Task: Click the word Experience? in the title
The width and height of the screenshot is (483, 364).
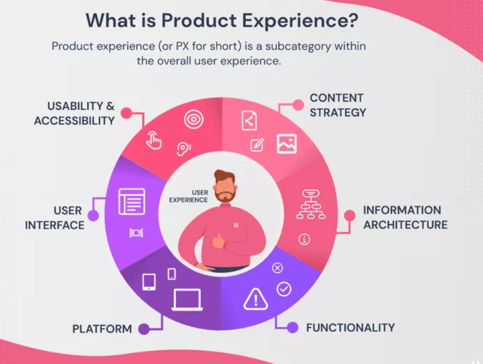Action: (300, 21)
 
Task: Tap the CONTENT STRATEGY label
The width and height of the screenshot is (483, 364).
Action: (338, 105)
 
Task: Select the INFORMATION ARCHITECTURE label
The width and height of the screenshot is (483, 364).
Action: (405, 218)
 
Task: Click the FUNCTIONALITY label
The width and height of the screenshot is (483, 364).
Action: (350, 328)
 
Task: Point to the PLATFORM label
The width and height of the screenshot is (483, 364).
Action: (102, 329)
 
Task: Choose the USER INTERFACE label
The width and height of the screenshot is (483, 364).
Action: (55, 218)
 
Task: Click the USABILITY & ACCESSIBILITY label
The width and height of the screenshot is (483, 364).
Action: (74, 113)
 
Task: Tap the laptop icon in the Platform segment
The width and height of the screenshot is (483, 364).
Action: (187, 300)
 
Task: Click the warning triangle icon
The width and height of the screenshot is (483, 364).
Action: (256, 299)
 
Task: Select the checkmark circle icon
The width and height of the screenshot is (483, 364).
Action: (284, 289)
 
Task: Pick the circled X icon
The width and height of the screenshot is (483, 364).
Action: (277, 268)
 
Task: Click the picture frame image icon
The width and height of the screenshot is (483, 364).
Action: (287, 144)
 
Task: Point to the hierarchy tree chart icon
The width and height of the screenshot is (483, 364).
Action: (311, 204)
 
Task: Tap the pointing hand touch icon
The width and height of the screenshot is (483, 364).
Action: (153, 140)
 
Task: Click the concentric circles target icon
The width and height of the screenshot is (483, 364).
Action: (193, 119)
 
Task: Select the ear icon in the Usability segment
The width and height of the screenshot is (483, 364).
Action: (183, 149)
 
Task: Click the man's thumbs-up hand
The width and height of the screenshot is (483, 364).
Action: (219, 240)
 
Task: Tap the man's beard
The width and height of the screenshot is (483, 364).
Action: (226, 196)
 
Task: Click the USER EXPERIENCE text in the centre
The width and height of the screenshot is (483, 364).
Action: (188, 196)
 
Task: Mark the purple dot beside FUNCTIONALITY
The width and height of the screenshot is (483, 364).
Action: (292, 327)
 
